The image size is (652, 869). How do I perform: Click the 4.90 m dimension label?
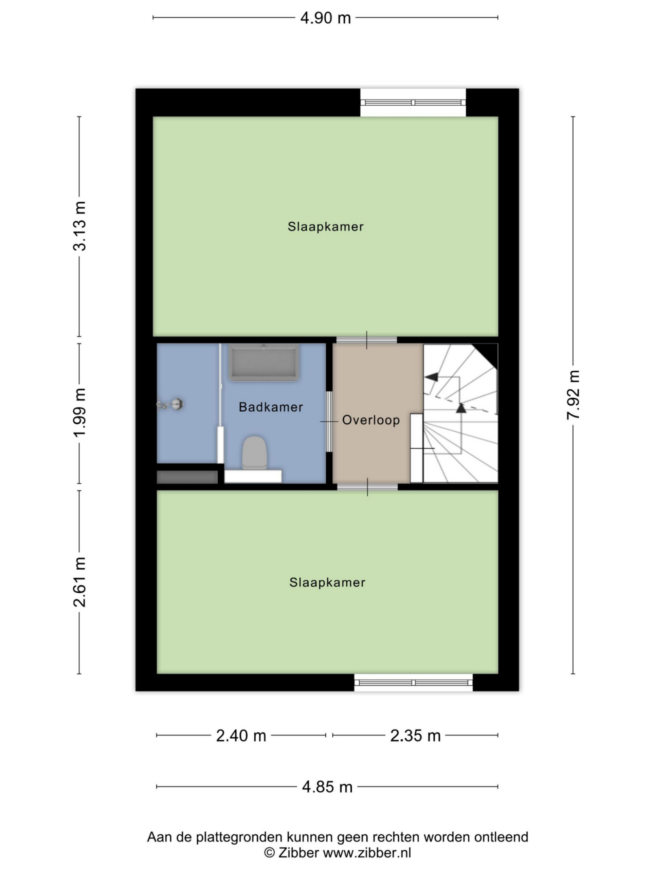tap(325, 18)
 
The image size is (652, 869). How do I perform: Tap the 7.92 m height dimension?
tap(574, 395)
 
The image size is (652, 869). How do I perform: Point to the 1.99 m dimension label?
tap(79, 412)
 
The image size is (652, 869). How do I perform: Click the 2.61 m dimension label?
tap(79, 582)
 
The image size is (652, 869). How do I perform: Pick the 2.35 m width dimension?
tap(415, 736)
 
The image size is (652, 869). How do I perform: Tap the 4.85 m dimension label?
tap(327, 787)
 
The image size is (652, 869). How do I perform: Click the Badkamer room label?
tap(271, 407)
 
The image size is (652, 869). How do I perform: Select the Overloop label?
tap(371, 420)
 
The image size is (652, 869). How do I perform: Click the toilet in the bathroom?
tap(254, 452)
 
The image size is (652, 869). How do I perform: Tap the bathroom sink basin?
tap(263, 362)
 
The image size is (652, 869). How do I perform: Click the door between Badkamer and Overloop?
tap(329, 422)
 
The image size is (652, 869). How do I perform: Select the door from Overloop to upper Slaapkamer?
tap(367, 340)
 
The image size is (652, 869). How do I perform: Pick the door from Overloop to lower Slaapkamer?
tap(367, 487)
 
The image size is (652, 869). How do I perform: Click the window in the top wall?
tap(413, 103)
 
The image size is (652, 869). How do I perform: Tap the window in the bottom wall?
tap(414, 682)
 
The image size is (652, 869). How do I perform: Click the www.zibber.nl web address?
tap(367, 852)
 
